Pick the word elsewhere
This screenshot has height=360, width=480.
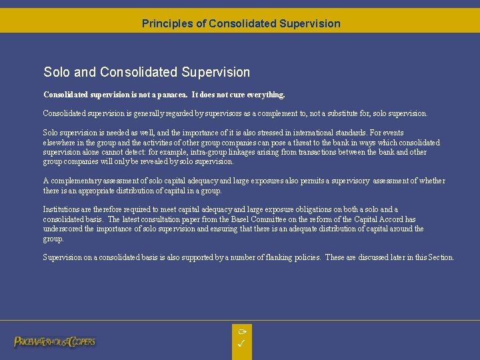(x=59, y=143)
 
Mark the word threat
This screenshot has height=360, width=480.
(x=281, y=143)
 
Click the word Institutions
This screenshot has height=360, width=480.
(x=61, y=209)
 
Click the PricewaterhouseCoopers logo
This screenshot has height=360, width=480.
(x=55, y=341)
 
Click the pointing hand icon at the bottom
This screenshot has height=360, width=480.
(x=242, y=331)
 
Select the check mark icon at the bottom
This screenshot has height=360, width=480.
(x=242, y=344)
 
